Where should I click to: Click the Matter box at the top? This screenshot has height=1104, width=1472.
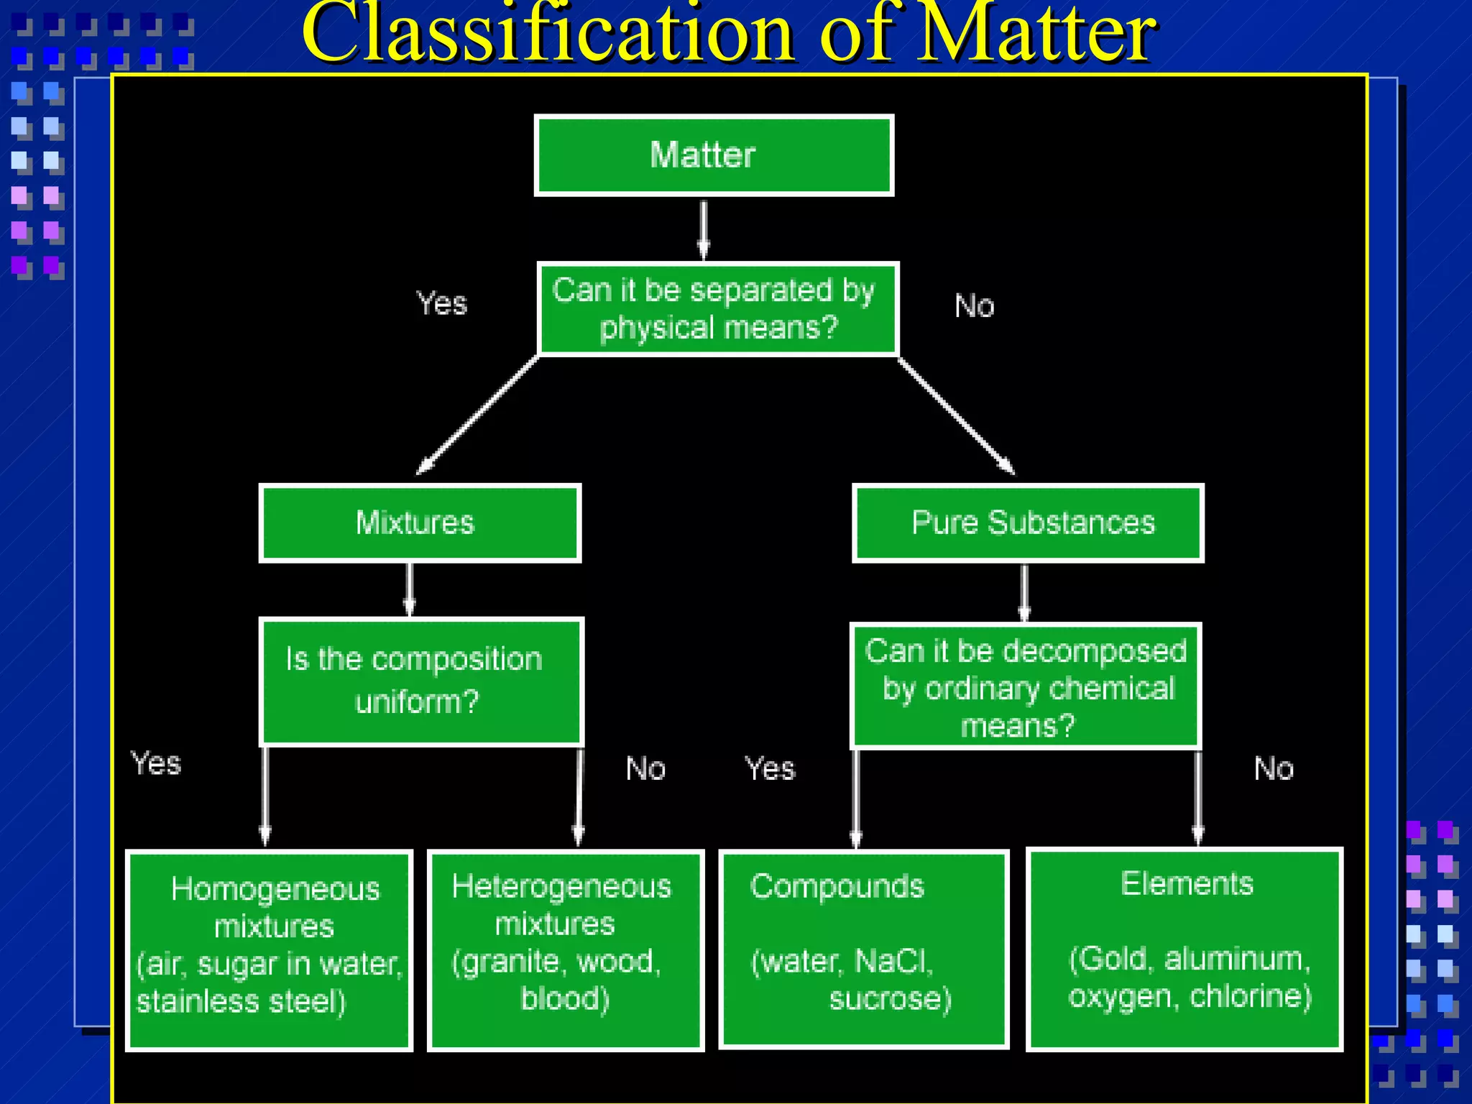[714, 155]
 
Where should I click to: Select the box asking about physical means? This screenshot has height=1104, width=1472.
[717, 309]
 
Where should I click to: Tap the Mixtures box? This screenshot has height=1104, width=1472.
[420, 523]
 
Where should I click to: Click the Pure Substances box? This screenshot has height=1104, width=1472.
[1028, 523]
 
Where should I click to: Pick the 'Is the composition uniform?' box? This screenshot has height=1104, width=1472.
[421, 681]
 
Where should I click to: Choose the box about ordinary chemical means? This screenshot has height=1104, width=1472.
[1025, 686]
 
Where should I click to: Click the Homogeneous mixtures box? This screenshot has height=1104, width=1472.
[269, 950]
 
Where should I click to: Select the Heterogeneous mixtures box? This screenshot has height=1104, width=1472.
[566, 950]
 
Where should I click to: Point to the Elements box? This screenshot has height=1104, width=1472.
[1184, 949]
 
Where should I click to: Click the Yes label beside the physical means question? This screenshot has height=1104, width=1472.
[442, 303]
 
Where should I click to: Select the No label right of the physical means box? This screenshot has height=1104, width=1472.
[974, 306]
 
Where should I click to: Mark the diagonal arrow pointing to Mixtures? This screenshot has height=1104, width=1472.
[478, 415]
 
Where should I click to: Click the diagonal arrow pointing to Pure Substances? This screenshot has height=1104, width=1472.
[956, 415]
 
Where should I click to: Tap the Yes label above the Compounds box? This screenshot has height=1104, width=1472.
[770, 768]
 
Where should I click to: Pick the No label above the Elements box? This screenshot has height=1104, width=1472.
[1274, 768]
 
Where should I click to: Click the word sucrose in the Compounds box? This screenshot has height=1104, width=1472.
[890, 998]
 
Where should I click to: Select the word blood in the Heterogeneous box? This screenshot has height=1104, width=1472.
[565, 998]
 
